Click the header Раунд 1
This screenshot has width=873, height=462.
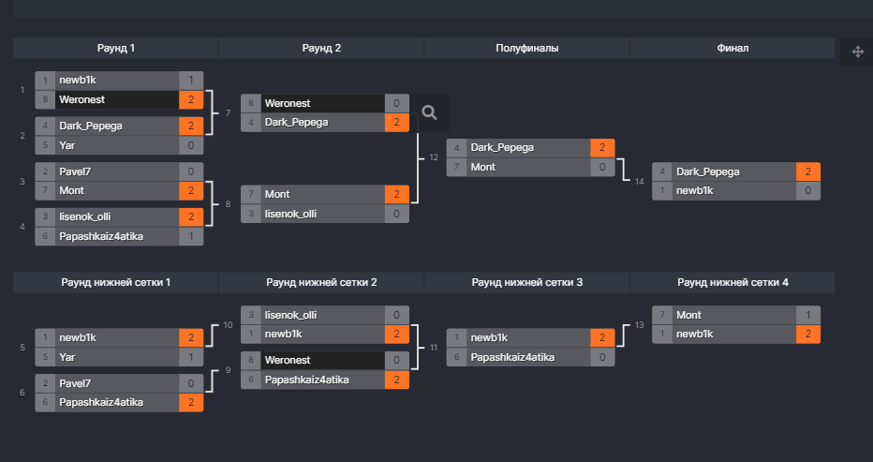pyautogui.click(x=116, y=48)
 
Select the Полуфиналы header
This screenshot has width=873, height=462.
pyautogui.click(x=526, y=48)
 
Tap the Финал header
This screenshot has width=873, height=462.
pyautogui.click(x=732, y=48)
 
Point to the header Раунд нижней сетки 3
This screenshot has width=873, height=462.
pyautogui.click(x=526, y=282)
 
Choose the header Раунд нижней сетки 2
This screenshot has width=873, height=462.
pyautogui.click(x=321, y=282)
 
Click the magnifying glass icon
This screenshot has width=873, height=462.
pyautogui.click(x=430, y=112)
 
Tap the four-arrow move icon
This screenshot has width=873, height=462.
pyautogui.click(x=857, y=52)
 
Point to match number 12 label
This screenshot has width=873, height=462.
pyautogui.click(x=433, y=157)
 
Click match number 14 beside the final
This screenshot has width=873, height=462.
pyautogui.click(x=639, y=181)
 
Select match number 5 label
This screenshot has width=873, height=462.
pyautogui.click(x=22, y=347)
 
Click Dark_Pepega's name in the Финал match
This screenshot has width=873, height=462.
pyautogui.click(x=707, y=171)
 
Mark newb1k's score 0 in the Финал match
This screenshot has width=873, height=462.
pyautogui.click(x=808, y=190)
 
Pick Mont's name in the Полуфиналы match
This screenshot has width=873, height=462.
pyautogui.click(x=483, y=167)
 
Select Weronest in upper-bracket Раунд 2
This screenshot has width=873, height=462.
pyautogui.click(x=288, y=103)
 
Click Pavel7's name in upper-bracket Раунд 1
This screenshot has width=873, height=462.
pyautogui.click(x=75, y=171)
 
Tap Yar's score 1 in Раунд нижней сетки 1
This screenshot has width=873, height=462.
pyautogui.click(x=190, y=356)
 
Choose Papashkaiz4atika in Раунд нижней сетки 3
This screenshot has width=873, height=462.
pyautogui.click(x=512, y=356)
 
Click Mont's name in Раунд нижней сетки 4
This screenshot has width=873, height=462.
pyautogui.click(x=688, y=315)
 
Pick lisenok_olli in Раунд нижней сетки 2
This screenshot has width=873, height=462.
pyautogui.click(x=291, y=315)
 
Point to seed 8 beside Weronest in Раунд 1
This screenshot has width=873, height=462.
pyautogui.click(x=46, y=98)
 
